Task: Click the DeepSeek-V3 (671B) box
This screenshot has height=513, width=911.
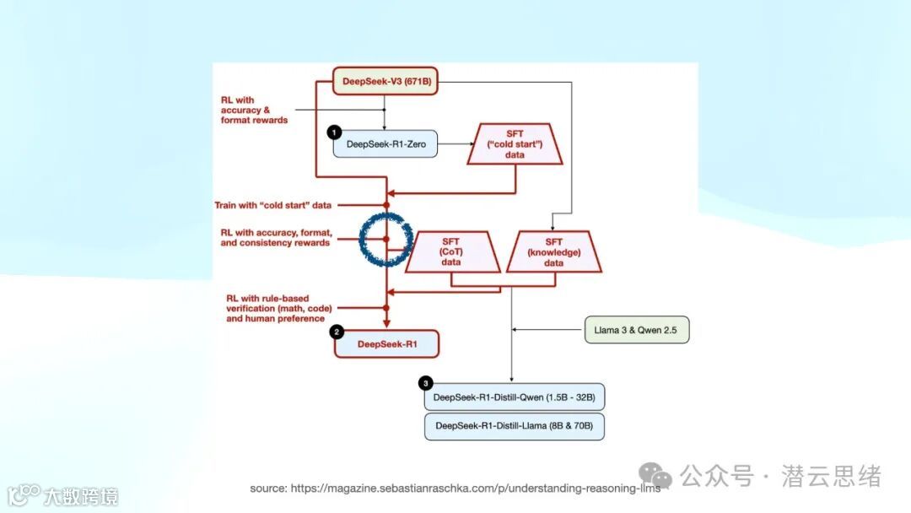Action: [385, 82]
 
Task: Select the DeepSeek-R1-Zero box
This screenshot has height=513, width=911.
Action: [385, 145]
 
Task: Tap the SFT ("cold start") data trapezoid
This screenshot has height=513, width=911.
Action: [515, 144]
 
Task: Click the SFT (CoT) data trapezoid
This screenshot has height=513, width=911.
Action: [451, 251]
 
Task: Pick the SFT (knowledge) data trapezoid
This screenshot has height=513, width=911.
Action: [553, 251]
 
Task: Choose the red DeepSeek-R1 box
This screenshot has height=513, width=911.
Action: [386, 343]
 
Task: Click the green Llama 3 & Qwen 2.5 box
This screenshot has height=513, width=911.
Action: [637, 329]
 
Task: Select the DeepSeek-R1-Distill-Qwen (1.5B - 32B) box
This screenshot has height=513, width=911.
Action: [514, 397]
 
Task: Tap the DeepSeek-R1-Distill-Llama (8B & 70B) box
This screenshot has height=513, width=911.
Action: [514, 426]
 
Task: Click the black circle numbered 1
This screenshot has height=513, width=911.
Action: [334, 132]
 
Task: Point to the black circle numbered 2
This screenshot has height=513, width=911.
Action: [337, 332]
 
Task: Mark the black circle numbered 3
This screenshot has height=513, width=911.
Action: [425, 384]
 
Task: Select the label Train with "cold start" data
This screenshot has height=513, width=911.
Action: [272, 205]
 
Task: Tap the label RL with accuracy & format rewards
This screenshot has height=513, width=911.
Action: [254, 111]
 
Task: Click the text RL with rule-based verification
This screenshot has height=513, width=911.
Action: [275, 308]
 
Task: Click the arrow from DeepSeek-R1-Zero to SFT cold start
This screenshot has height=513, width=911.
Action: [455, 145]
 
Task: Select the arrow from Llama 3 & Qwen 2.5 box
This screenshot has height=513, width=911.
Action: [548, 329]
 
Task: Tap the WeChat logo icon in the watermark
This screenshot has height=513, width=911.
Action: [654, 476]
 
